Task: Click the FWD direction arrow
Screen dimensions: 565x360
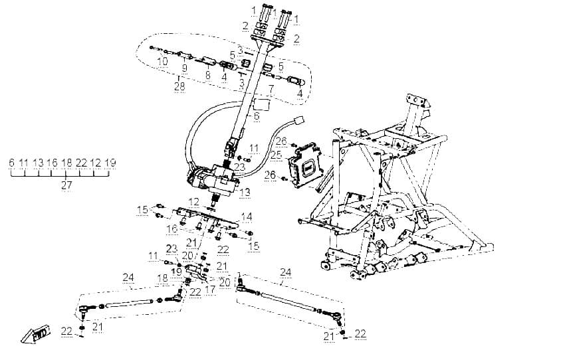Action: (x=35, y=335)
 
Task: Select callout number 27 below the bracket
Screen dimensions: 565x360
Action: (x=66, y=185)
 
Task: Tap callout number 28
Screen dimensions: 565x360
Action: (x=179, y=86)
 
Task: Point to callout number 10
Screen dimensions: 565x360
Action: (x=162, y=61)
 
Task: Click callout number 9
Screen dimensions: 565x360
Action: (x=185, y=68)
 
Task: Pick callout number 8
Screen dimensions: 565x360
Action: (x=207, y=75)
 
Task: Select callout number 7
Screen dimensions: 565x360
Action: (x=271, y=88)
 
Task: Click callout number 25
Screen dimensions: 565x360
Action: (x=277, y=155)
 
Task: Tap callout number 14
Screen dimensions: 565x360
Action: (x=247, y=217)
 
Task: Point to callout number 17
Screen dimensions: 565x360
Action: (x=211, y=289)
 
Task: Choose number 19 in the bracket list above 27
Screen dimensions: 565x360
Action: (x=110, y=163)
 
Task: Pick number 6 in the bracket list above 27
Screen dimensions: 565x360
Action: (x=11, y=163)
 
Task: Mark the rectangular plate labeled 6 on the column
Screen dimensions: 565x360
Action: (x=262, y=104)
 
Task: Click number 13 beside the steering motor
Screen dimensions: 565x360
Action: (x=245, y=192)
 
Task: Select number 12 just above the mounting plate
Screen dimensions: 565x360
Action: (x=194, y=202)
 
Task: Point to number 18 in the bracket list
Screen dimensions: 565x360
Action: (x=66, y=163)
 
